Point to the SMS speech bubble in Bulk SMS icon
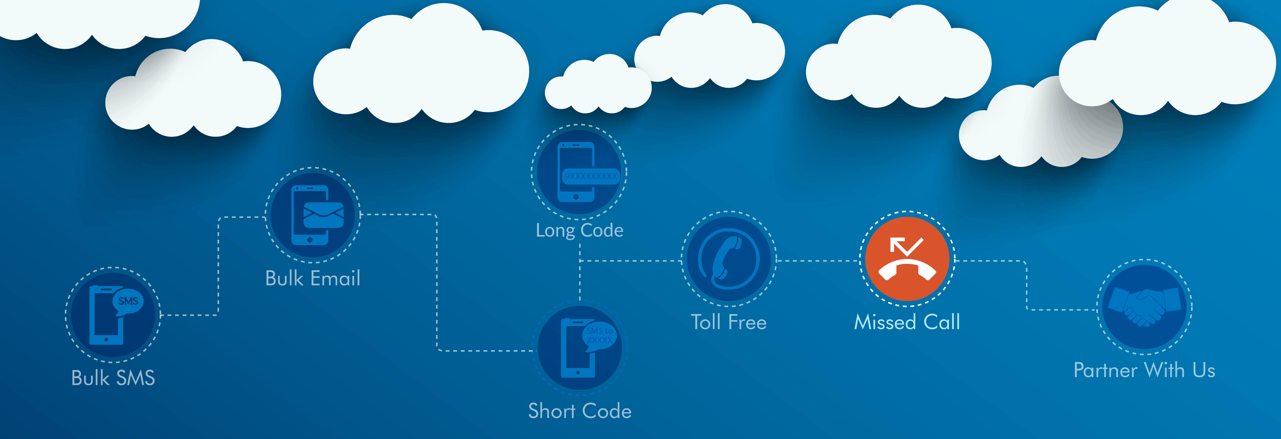point(128,302)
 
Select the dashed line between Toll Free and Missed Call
point(818,260)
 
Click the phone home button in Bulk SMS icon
point(106,339)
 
